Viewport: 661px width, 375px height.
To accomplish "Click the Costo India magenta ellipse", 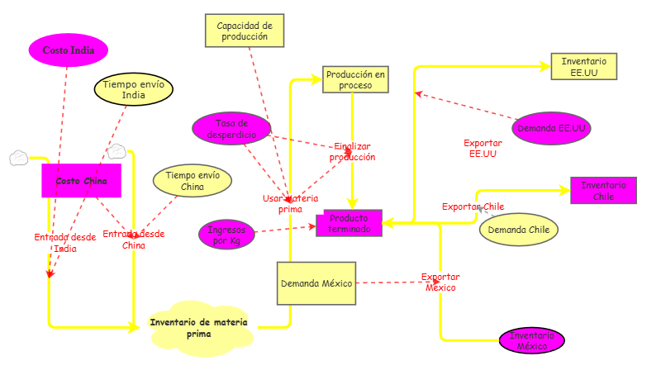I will pyautogui.click(x=69, y=50).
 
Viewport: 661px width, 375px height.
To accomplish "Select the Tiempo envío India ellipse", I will pyautogui.click(x=133, y=89).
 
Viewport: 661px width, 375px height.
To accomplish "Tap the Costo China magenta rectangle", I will pyautogui.click(x=82, y=181).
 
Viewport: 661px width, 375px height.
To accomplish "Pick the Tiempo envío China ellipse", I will pyautogui.click(x=193, y=181).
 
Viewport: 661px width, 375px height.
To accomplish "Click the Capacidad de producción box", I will pyautogui.click(x=244, y=31).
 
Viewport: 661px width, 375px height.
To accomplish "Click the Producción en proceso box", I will pyautogui.click(x=355, y=79).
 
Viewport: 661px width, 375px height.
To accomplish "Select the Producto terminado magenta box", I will pyautogui.click(x=349, y=223).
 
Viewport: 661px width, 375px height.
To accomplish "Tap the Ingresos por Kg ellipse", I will pyautogui.click(x=226, y=235).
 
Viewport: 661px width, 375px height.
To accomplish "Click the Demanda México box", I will pyautogui.click(x=316, y=283).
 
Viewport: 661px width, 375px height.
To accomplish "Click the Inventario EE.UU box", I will pyautogui.click(x=584, y=67).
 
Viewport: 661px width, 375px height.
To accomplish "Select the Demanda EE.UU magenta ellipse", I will pyautogui.click(x=551, y=129).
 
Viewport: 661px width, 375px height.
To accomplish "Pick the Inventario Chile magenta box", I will pyautogui.click(x=603, y=190).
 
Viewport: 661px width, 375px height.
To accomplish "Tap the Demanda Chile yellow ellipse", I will pyautogui.click(x=519, y=230).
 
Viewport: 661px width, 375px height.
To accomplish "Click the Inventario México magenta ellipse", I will pyautogui.click(x=532, y=340).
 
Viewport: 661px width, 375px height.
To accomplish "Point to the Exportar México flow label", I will pyautogui.click(x=440, y=282).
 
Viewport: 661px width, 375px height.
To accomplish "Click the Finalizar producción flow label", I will pyautogui.click(x=353, y=151).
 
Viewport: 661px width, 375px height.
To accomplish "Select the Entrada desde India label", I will pyautogui.click(x=64, y=242).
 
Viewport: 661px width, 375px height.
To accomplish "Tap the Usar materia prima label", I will pyautogui.click(x=289, y=203).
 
